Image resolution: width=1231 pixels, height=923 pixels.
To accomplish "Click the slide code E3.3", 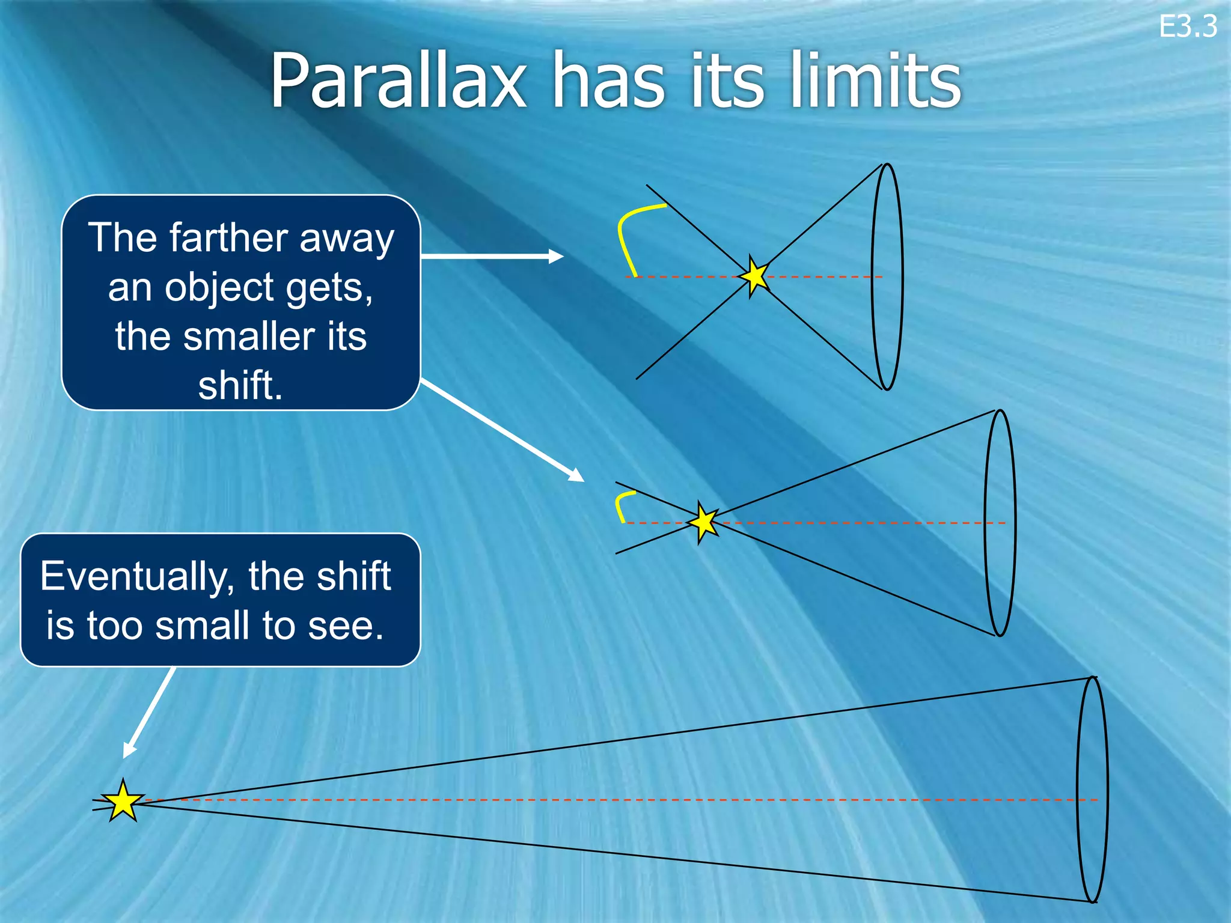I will pyautogui.click(x=1187, y=27).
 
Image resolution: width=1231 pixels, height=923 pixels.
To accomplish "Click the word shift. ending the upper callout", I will pyautogui.click(x=240, y=385).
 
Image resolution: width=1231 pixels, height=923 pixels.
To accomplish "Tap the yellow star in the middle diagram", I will pyautogui.click(x=703, y=522).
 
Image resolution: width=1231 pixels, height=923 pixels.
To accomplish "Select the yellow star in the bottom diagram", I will pyautogui.click(x=123, y=801).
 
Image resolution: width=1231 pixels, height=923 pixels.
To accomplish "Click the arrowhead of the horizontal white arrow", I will pyautogui.click(x=556, y=257).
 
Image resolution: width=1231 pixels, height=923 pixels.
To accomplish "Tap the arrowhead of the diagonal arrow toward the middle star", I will pyautogui.click(x=577, y=475).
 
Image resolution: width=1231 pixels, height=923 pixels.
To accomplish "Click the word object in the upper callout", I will pyautogui.click(x=220, y=287).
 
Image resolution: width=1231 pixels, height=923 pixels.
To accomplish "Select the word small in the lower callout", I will pyautogui.click(x=202, y=626).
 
